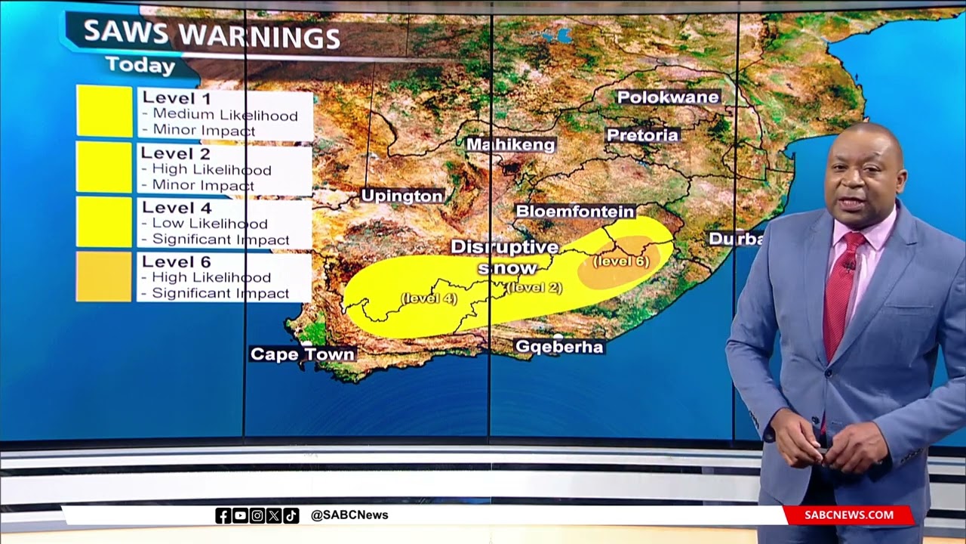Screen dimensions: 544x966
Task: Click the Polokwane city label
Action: (x=668, y=97)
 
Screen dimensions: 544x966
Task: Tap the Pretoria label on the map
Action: (x=643, y=135)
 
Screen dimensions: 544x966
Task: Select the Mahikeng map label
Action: (x=511, y=144)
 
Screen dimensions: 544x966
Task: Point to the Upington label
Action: (x=402, y=196)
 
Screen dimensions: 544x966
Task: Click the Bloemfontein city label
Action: (x=575, y=212)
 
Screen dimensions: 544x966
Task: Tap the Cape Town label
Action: (x=303, y=354)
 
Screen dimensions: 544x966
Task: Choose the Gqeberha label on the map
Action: (x=559, y=347)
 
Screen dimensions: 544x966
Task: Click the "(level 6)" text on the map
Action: (x=621, y=261)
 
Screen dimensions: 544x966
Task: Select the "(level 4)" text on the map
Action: (x=429, y=298)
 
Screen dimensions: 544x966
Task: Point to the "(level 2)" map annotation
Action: (x=534, y=287)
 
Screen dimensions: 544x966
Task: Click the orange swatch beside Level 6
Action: (x=104, y=277)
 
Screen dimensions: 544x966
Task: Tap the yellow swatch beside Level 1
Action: (x=104, y=111)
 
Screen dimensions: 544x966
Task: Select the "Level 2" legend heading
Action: (x=176, y=153)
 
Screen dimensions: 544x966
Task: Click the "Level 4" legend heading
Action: (x=177, y=208)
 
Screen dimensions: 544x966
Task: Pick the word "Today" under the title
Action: (x=140, y=65)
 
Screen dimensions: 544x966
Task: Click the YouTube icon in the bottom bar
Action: (x=240, y=515)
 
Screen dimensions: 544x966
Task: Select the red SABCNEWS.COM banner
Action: (x=848, y=515)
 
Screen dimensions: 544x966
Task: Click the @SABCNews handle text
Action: (x=349, y=515)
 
